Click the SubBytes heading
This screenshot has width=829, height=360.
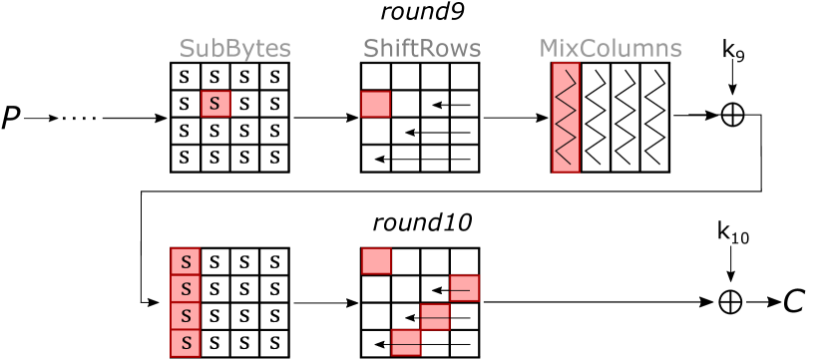click(x=234, y=49)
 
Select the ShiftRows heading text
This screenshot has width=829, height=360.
click(x=421, y=49)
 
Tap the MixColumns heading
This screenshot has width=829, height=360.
click(x=610, y=49)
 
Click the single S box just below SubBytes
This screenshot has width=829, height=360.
click(x=215, y=104)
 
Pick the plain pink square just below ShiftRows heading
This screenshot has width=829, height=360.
click(x=375, y=104)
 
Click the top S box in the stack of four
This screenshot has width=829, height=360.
click(x=186, y=261)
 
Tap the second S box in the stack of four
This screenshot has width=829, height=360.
click(x=186, y=289)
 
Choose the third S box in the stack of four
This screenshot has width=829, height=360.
click(x=186, y=316)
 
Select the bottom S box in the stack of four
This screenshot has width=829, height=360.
click(x=186, y=344)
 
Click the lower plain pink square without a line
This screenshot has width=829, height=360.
click(x=376, y=261)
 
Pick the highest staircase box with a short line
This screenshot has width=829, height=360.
click(x=464, y=288)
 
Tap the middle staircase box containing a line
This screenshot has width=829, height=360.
click(x=435, y=316)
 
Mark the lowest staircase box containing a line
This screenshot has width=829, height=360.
click(x=405, y=343)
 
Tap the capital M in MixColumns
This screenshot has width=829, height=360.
click(x=549, y=49)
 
